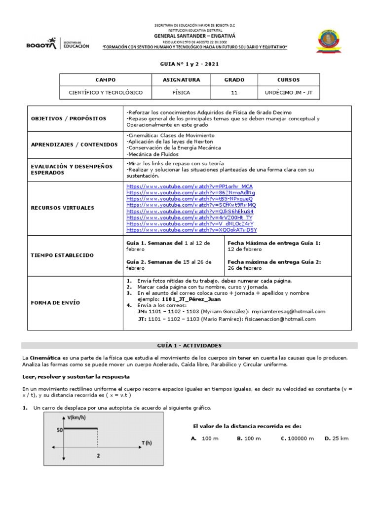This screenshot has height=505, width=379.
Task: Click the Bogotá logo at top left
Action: coord(58,44)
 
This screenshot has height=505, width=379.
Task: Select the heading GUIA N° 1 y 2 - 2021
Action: coord(189,64)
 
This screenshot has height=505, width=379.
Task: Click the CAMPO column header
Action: coord(105,80)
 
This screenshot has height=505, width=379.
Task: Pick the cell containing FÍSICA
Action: coord(181,92)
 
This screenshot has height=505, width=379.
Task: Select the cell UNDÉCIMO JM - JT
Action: coord(288,92)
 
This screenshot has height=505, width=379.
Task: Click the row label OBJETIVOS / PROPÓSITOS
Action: coord(69,119)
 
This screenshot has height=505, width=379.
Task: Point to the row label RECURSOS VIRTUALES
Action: coord(62,208)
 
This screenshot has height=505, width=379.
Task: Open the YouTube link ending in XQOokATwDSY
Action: coord(191,230)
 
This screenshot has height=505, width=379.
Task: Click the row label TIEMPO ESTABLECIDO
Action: coord(62,255)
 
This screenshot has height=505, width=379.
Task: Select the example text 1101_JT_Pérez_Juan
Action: coord(191,299)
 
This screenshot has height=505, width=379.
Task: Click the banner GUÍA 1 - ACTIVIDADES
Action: coord(189,346)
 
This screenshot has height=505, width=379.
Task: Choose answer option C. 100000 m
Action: coord(298,438)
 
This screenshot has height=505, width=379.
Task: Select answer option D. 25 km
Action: coord(337,438)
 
